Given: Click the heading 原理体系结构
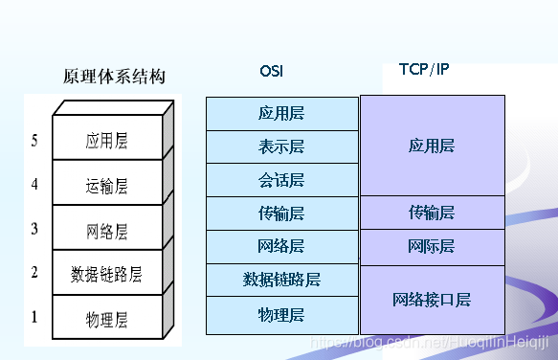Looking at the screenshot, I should (114, 77).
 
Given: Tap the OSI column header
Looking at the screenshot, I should (271, 72).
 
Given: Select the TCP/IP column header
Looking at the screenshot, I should (423, 70).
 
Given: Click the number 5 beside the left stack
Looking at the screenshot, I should (34, 141).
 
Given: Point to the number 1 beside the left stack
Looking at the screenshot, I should (34, 315).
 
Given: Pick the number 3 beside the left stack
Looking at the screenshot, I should (34, 228).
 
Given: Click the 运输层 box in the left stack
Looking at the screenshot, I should (106, 186).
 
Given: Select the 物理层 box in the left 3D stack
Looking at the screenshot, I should (106, 319).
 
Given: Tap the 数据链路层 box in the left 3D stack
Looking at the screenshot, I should (106, 275).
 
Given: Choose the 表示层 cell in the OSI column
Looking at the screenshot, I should (281, 146).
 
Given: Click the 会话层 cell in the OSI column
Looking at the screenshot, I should (281, 180).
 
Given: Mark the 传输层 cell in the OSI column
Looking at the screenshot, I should (281, 213).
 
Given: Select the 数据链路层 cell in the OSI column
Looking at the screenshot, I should (281, 280).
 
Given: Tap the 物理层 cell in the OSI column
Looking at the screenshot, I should (281, 313).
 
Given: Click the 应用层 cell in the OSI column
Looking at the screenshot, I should (281, 113).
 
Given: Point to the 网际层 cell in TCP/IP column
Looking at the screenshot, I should (431, 247).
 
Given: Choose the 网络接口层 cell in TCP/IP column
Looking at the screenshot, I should (431, 300).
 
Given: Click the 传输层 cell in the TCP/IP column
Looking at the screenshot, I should (431, 212).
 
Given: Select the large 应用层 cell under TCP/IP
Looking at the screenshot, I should (431, 146).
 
